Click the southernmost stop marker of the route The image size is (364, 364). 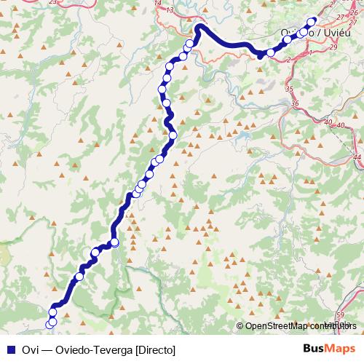tap(51, 323)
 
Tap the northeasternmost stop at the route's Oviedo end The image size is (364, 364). tap(313, 21)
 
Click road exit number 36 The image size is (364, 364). tap(295, 104)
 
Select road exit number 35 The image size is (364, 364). tap(289, 89)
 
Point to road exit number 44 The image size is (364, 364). tap(357, 157)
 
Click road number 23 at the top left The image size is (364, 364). tap(52, 3)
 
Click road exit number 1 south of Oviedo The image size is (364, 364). tap(311, 53)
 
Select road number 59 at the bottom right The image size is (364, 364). tap(341, 314)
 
